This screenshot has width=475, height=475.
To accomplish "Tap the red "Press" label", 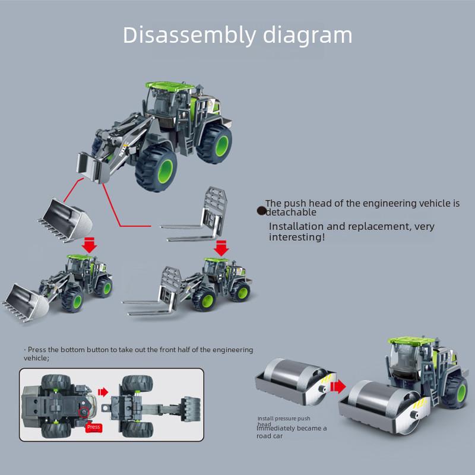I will (94, 427).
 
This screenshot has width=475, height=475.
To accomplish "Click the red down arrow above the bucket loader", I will (90, 244).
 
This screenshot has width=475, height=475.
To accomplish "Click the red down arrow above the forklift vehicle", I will (221, 248).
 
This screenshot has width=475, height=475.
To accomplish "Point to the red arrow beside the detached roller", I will (339, 387).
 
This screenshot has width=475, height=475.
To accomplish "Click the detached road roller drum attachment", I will (294, 378).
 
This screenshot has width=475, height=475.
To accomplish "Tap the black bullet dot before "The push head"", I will (261, 210).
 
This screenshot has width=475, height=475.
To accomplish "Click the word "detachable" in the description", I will (291, 212).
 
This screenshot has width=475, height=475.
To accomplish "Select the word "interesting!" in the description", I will (297, 237).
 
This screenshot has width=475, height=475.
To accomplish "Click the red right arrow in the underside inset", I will (103, 392).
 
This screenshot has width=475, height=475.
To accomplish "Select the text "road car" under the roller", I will (270, 436).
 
